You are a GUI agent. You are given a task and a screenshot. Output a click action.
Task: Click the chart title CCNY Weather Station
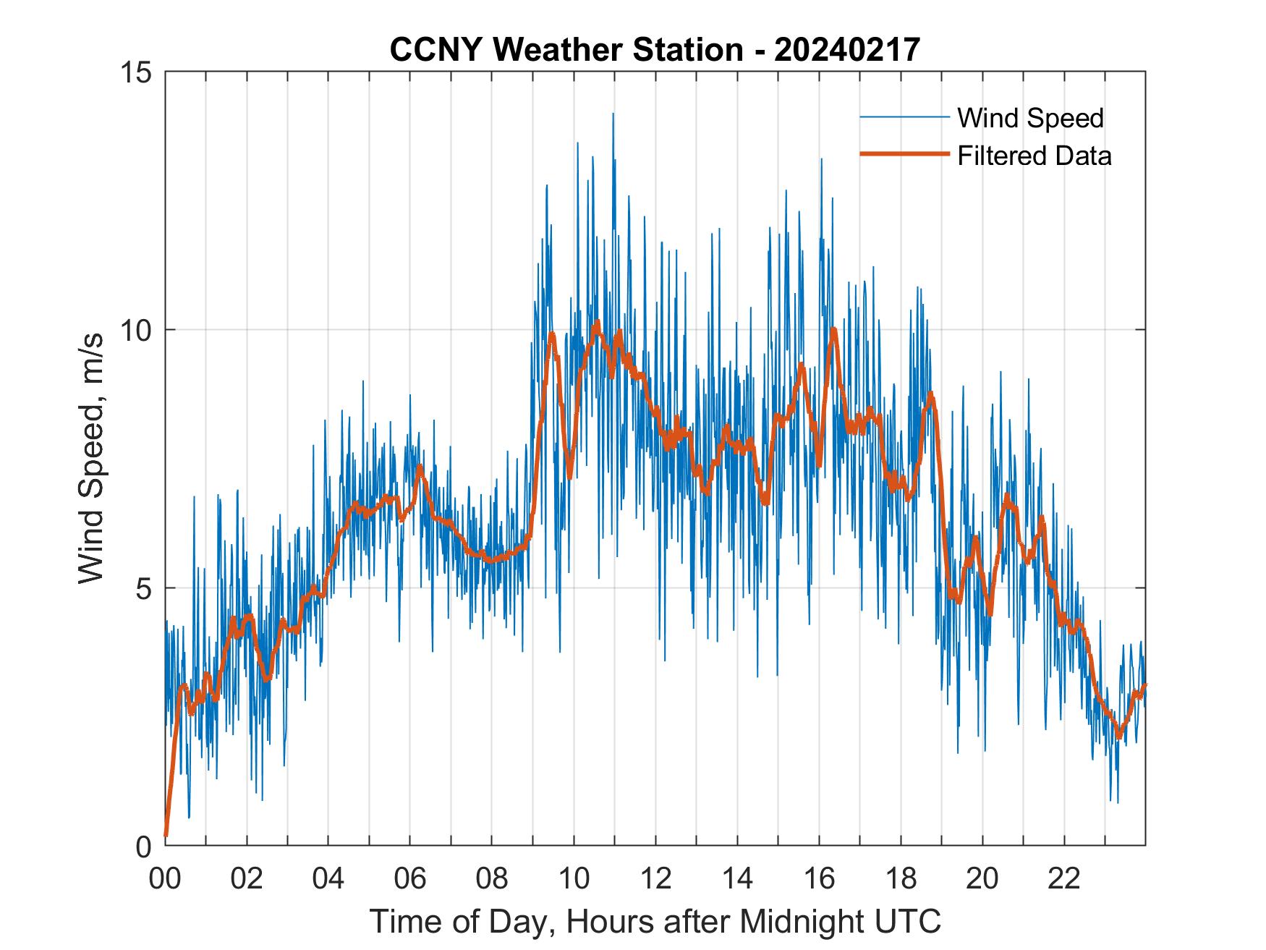pos(566,50)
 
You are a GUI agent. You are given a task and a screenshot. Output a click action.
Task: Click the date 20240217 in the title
pos(847,50)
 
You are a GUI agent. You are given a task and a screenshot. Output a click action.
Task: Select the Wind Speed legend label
pos(1030,118)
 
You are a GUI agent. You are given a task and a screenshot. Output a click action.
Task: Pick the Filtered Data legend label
pos(1034,156)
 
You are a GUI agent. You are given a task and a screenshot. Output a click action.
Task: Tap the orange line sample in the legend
pos(904,154)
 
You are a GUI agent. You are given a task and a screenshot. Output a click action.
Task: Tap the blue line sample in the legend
pos(904,117)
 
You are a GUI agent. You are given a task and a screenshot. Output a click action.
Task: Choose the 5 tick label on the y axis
pos(143,588)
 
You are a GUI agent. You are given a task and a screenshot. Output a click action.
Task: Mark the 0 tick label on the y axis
pos(143,846)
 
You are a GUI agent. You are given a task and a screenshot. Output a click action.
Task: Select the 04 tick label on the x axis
pos(328,878)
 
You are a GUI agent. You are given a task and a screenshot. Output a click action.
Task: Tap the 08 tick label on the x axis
pos(491,878)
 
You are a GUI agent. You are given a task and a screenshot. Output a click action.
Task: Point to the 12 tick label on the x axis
pos(655,878)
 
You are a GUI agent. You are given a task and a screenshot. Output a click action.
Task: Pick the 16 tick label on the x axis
pos(818,878)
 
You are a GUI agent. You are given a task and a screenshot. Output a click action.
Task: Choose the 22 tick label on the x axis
pos(1063,878)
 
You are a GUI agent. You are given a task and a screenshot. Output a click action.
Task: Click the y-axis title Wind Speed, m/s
pos(92,459)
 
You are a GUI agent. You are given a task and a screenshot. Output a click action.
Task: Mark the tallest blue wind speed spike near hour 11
pos(613,114)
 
